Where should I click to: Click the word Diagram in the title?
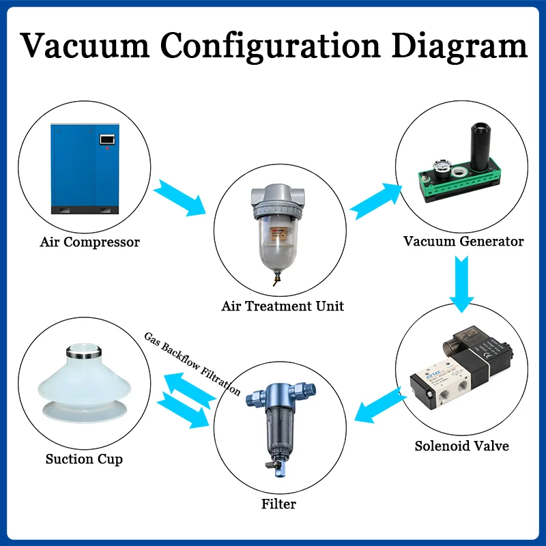point(459,46)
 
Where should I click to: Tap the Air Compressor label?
point(90,242)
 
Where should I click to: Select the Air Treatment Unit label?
point(283,306)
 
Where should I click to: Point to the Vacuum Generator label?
point(463,241)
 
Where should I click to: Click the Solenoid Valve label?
point(462,446)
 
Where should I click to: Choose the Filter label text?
point(278,504)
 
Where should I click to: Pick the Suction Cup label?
point(84,459)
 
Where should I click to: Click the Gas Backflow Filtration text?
point(192,363)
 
